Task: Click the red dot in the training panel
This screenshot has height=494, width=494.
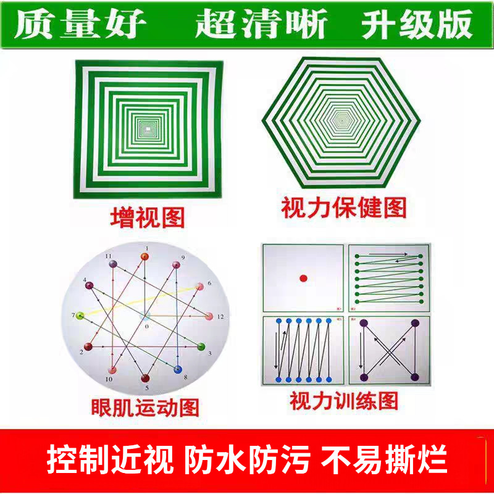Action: click(x=303, y=278)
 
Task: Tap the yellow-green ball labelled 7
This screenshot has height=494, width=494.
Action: click(x=79, y=316)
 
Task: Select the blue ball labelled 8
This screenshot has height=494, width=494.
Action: click(x=178, y=369)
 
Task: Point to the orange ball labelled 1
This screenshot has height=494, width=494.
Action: click(x=146, y=254)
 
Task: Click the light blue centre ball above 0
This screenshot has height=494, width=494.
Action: click(x=146, y=316)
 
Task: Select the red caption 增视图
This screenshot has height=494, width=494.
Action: click(x=147, y=217)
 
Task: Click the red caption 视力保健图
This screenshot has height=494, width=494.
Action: click(x=344, y=209)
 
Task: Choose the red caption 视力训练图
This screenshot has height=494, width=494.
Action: click(x=344, y=401)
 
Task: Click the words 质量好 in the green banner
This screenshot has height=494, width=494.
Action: click(x=80, y=25)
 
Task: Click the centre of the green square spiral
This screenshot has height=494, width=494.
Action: click(x=148, y=129)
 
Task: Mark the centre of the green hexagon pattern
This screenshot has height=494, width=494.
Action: click(x=341, y=118)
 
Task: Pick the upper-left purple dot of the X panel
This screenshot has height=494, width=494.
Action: click(x=363, y=323)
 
